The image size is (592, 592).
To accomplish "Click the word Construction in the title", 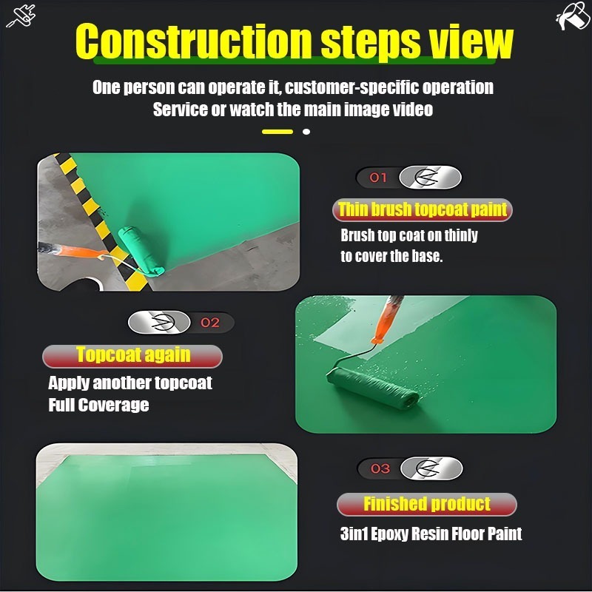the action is point(194,41).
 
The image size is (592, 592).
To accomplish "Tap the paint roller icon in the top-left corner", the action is point(21,16).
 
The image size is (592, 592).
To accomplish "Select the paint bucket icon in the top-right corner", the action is point(572,16).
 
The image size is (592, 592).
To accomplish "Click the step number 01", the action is point(378,177).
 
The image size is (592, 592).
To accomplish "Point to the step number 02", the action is point(210,323).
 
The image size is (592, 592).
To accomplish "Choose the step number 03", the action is point(380,468).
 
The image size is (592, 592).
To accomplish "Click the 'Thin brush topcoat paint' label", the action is point(422,209).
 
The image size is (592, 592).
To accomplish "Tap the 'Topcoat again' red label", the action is point(132,356).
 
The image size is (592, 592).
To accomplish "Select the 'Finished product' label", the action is point(427,504).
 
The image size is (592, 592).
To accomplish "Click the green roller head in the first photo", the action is point(141,251).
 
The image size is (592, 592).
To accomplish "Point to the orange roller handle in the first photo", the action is point(78,251).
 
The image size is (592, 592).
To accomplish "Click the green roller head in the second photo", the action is point(373,388).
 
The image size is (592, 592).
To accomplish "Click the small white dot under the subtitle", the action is point(306,132).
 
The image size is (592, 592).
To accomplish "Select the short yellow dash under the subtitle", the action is point(277,132).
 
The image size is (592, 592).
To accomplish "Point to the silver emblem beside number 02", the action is point(159,323).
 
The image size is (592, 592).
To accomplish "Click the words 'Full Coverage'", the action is point(98,405).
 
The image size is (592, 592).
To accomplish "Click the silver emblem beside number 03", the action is point(431,468).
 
